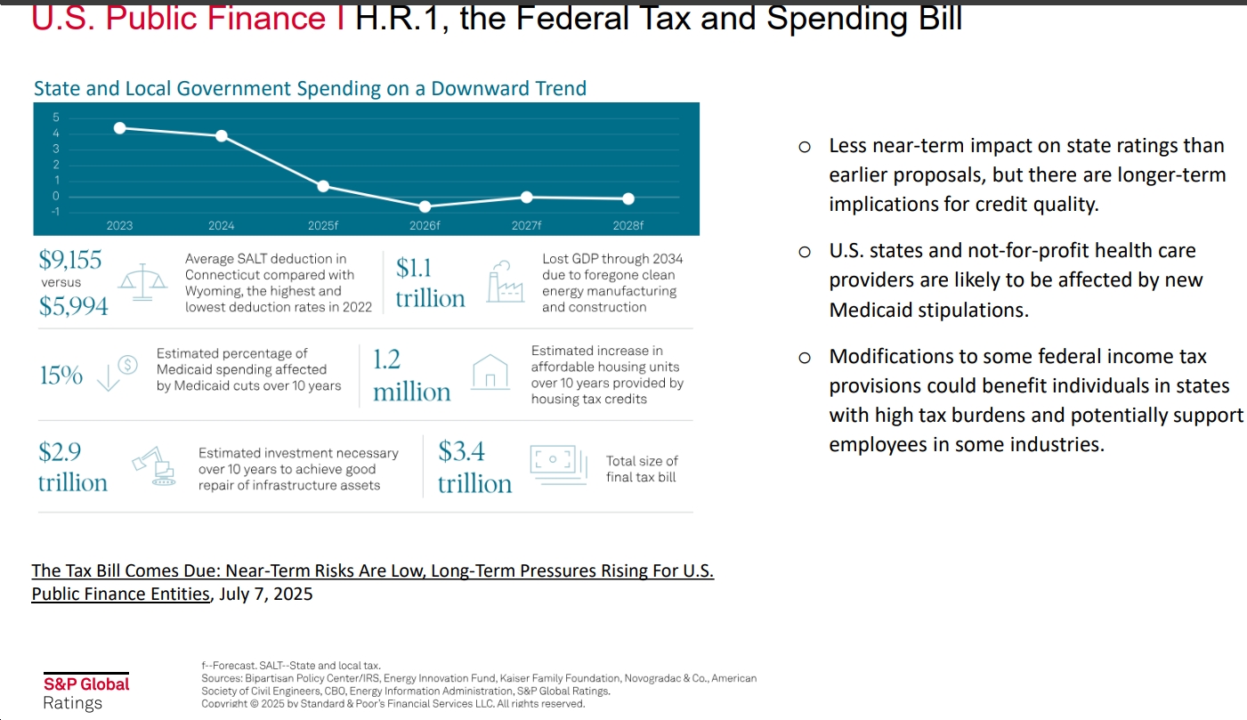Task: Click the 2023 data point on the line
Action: tap(119, 128)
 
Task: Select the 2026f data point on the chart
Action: tap(425, 206)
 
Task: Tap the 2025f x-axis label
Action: tap(323, 226)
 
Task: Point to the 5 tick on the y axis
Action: tap(55, 117)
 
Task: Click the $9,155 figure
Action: tap(70, 260)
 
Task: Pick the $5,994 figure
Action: tap(74, 306)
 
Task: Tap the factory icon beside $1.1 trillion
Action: tap(505, 283)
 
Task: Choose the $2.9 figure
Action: tap(61, 452)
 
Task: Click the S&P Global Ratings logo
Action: tap(86, 693)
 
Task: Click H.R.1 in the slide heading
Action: tap(404, 18)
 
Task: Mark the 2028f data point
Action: tap(628, 198)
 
